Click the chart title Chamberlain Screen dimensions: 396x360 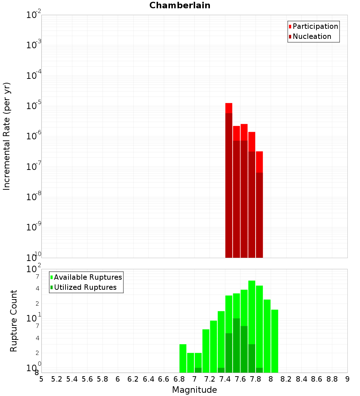180,5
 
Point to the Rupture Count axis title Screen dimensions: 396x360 14,321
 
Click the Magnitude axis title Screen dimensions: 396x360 194,390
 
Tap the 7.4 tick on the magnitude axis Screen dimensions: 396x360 225,379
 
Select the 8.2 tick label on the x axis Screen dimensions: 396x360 286,379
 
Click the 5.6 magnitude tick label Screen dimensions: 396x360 87,379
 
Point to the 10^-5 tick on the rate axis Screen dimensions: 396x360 34,106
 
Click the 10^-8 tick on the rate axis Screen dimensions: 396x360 34,197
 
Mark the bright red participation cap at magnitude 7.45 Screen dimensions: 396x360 229,108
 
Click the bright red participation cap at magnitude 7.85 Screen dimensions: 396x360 259,162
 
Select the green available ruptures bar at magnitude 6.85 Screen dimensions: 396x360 183,358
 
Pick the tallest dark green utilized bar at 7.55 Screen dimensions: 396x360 236,345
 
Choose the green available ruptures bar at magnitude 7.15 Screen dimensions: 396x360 206,351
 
